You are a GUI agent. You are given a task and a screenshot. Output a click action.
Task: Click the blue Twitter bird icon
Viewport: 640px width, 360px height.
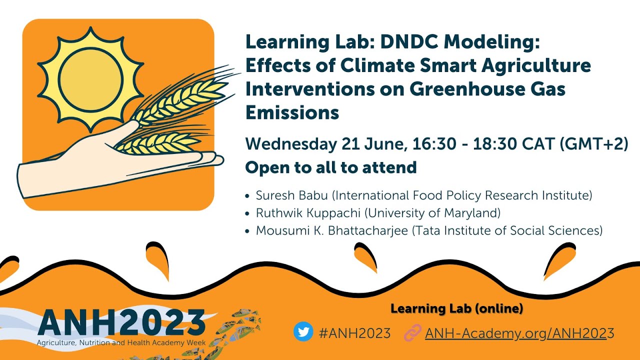(303, 332)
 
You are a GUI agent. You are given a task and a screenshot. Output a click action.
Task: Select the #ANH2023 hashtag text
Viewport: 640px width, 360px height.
(354, 333)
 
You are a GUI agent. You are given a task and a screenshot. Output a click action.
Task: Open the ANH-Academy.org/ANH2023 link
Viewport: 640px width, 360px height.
(519, 333)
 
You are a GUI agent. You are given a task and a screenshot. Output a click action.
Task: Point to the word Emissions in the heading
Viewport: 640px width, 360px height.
(292, 112)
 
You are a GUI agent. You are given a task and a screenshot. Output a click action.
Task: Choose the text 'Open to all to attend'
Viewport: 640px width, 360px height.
(331, 167)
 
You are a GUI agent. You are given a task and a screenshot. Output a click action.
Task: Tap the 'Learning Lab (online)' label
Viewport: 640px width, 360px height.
(456, 309)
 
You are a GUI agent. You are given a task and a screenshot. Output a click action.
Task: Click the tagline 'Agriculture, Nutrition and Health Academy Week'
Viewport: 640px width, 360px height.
(121, 342)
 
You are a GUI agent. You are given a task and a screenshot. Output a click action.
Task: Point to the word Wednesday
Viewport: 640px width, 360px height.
(290, 144)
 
